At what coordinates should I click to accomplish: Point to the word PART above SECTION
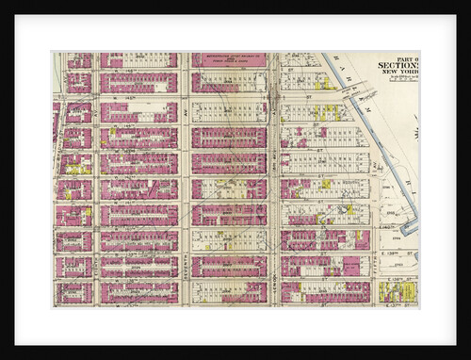(x=407, y=58)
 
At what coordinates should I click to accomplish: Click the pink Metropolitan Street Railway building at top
(x=230, y=60)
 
